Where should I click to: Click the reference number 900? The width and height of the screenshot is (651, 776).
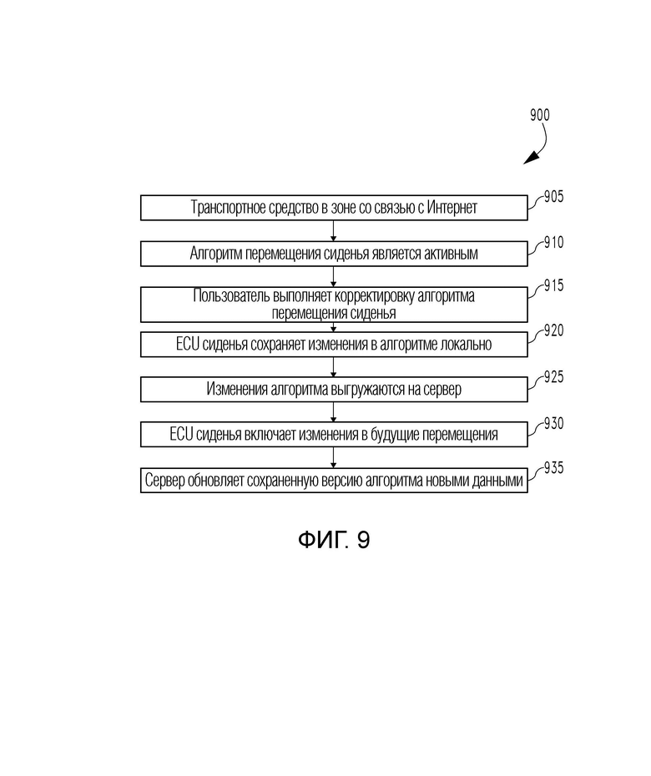539,116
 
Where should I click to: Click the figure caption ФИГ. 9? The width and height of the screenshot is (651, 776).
334,540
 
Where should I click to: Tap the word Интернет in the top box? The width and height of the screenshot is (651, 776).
452,208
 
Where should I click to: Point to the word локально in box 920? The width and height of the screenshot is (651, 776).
467,344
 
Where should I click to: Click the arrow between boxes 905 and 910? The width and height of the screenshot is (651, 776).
334,231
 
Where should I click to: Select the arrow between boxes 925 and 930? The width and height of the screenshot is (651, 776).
334,412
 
